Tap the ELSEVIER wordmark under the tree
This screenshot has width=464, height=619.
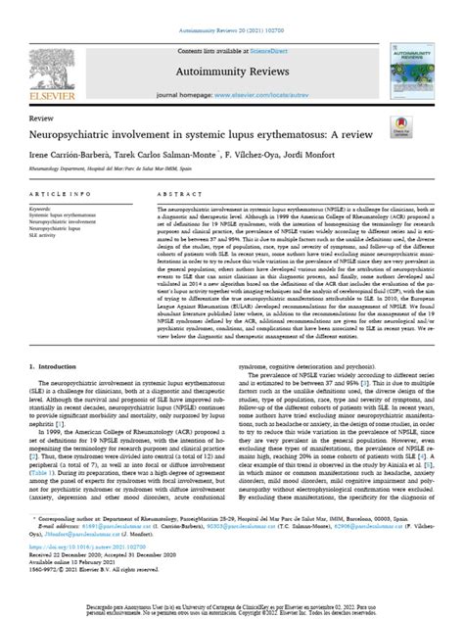46,96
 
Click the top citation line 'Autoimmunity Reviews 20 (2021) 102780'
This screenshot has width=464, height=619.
232,7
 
